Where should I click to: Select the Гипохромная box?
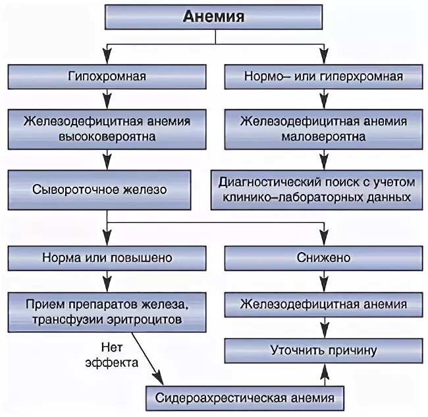tap(107, 77)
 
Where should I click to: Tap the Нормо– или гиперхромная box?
tap(323, 77)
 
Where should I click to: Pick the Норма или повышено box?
tap(107, 257)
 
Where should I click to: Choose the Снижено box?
tap(323, 257)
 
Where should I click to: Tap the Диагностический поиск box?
tap(323, 189)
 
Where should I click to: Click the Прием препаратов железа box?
tap(107, 311)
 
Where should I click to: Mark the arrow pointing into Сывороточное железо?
tap(107, 160)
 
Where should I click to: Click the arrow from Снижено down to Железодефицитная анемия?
tap(323, 280)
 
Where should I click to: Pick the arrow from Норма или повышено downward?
tap(107, 280)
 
